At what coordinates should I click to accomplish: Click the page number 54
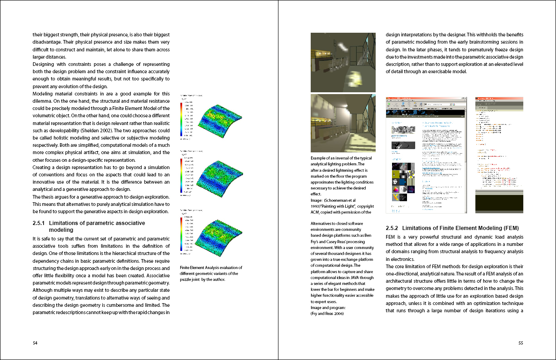pyautogui.click(x=35, y=343)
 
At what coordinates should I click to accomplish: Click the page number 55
pyautogui.click(x=521, y=343)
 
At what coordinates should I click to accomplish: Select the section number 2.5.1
pyautogui.click(x=39, y=223)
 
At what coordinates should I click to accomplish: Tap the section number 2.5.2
pyautogui.click(x=392, y=228)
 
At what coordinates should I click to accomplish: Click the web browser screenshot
pyautogui.click(x=426, y=155)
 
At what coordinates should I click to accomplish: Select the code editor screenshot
pyautogui.click(x=499, y=155)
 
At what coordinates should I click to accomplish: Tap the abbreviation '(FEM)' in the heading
pyautogui.click(x=508, y=228)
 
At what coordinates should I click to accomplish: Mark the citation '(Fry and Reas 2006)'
pyautogui.click(x=328, y=314)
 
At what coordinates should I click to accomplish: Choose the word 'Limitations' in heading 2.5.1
pyautogui.click(x=64, y=223)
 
